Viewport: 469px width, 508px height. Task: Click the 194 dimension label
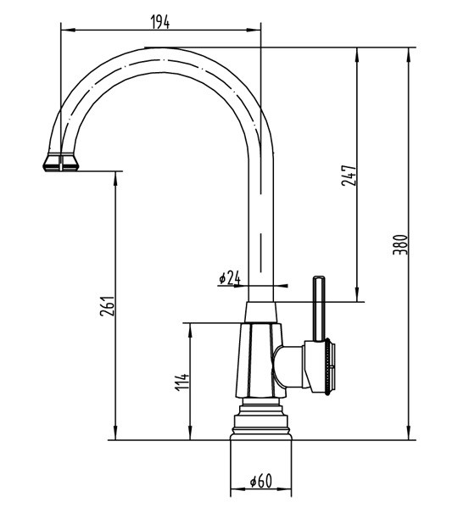pyautogui.click(x=160, y=22)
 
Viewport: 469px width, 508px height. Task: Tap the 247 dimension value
pyautogui.click(x=349, y=176)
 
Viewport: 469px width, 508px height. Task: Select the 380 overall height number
pyautogui.click(x=400, y=244)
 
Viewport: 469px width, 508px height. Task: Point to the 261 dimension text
pyautogui.click(x=107, y=306)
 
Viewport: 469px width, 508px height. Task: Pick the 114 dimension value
pyautogui.click(x=181, y=382)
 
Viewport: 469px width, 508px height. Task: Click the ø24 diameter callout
pyautogui.click(x=230, y=277)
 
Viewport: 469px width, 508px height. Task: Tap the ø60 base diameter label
pyautogui.click(x=261, y=481)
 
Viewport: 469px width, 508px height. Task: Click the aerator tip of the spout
pyautogui.click(x=61, y=162)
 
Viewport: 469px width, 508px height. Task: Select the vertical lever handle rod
pyautogui.click(x=318, y=309)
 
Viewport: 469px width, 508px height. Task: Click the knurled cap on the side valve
pyautogui.click(x=330, y=366)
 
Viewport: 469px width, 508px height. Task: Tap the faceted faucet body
pyautogui.click(x=260, y=360)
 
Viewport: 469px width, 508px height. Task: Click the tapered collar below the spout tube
pyautogui.click(x=261, y=312)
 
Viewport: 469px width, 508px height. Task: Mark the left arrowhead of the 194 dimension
pyautogui.click(x=66, y=31)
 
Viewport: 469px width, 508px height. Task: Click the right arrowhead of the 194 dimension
pyautogui.click(x=255, y=31)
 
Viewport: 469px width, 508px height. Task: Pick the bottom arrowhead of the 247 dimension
pyautogui.click(x=357, y=295)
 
